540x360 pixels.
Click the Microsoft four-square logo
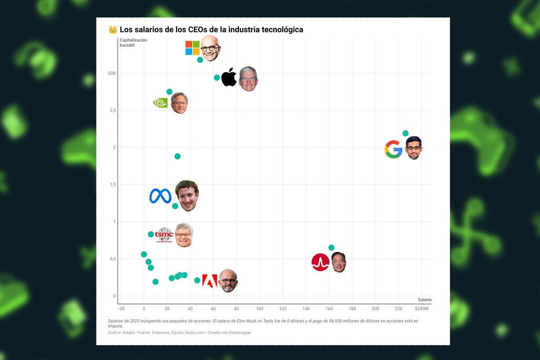point(192,48)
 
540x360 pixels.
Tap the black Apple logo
point(229,77)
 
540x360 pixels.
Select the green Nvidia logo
point(160,103)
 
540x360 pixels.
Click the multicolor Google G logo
point(393,149)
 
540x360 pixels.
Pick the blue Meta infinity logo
point(160,196)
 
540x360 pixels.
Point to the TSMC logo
point(165,235)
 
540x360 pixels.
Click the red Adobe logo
point(209,280)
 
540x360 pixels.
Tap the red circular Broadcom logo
point(320,262)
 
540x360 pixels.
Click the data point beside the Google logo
point(406,133)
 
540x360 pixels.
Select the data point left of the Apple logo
point(217,77)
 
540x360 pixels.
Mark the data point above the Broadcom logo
point(331,248)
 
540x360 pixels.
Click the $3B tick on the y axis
point(112,73)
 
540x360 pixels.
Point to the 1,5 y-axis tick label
point(111,184)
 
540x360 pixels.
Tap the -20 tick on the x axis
point(121,308)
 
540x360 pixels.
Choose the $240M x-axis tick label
point(422,308)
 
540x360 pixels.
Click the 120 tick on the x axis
point(283,308)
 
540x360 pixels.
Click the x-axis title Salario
point(425,299)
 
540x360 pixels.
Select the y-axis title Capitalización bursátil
point(133,43)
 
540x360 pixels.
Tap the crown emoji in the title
point(113,30)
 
